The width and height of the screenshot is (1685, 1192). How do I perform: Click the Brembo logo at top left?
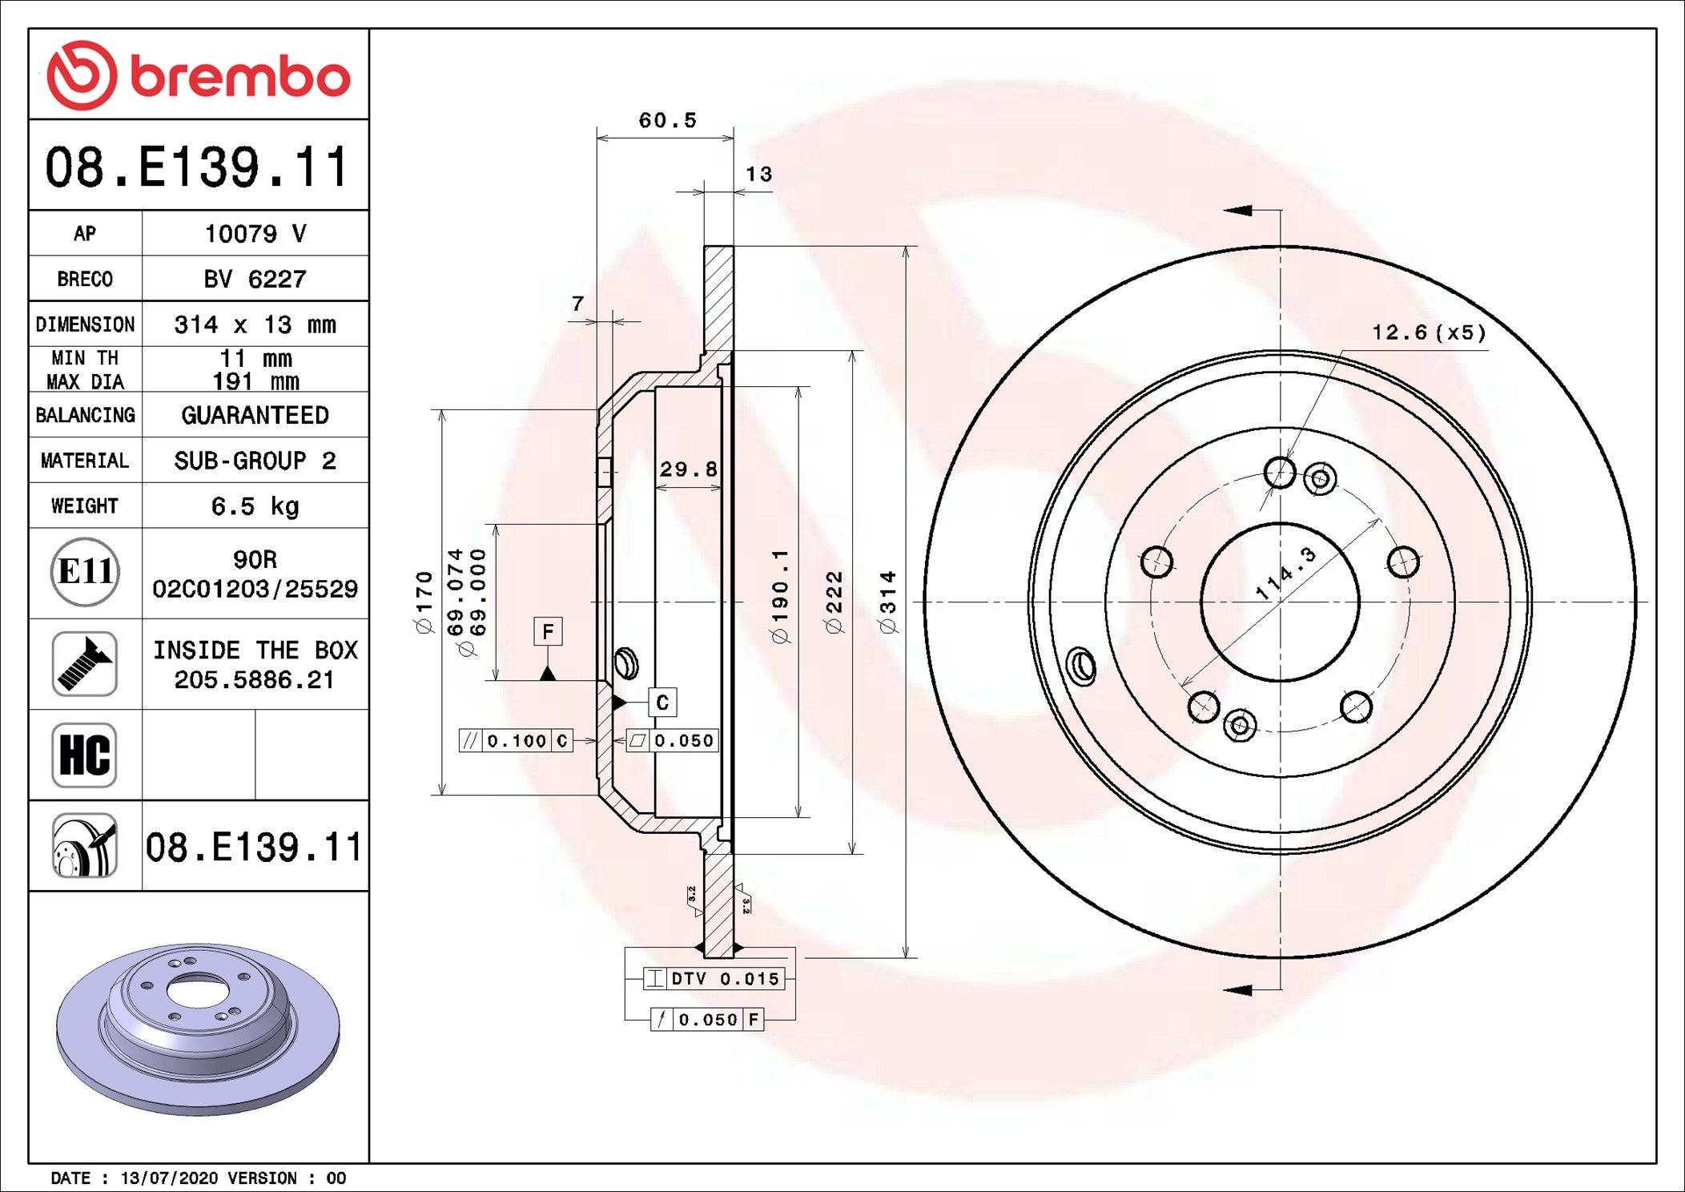coord(198,75)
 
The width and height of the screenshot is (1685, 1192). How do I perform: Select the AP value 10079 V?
coord(255,234)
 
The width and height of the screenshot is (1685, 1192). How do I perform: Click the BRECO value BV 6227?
coord(255,280)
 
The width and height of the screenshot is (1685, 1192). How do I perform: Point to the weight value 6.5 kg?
coord(255,506)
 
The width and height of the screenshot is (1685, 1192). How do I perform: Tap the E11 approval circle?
coord(85,572)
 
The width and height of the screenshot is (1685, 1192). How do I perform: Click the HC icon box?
coord(85,755)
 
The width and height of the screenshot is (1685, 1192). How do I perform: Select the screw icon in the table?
coord(85,663)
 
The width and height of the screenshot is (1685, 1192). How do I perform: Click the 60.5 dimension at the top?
coord(667,121)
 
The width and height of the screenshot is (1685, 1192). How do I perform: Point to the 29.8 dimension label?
coord(688,469)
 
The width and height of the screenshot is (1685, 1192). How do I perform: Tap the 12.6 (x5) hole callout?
coord(1428,332)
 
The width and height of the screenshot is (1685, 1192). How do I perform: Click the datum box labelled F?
coord(548,631)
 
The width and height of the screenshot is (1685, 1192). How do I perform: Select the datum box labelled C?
coord(662,703)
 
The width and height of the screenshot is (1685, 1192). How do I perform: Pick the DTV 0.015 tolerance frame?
coord(714,978)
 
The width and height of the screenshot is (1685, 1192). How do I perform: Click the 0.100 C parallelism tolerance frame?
coord(516,741)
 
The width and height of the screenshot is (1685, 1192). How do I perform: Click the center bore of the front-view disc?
coord(1280,602)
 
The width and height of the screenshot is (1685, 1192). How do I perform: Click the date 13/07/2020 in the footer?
coord(169,1178)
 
